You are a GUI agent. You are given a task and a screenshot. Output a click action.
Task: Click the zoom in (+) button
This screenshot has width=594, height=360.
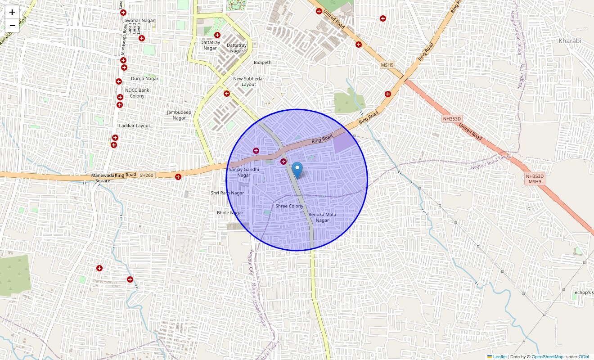[12, 12]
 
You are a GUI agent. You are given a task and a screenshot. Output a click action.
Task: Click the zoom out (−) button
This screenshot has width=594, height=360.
[12, 26]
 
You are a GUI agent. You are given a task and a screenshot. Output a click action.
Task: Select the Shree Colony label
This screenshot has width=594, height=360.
[289, 206]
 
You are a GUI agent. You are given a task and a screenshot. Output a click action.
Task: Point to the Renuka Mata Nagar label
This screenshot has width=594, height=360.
[322, 217]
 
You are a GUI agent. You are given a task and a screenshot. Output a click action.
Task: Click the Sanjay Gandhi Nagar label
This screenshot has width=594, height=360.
[243, 172]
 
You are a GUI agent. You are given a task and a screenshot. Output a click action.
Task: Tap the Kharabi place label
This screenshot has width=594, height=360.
[570, 41]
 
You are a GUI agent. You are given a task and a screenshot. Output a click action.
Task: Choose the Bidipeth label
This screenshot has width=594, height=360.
[263, 62]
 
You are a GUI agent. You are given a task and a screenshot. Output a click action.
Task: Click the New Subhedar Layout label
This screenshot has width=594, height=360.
[249, 81]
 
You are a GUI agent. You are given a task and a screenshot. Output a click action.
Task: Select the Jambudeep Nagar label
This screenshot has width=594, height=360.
[179, 115]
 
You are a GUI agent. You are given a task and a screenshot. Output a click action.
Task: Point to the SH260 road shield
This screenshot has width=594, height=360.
[146, 175]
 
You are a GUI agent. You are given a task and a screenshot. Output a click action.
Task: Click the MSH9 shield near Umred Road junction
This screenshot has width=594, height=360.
[387, 65]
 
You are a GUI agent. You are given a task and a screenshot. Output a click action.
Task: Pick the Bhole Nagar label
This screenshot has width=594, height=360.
[230, 213]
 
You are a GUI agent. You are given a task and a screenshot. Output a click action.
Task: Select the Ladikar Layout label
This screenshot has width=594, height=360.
[135, 126]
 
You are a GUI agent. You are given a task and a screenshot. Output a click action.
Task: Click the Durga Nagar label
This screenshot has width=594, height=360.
[144, 79]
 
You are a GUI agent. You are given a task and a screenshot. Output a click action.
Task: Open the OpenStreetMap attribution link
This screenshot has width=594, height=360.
[547, 357]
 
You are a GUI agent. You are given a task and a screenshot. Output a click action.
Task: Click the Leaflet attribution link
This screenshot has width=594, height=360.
[499, 357]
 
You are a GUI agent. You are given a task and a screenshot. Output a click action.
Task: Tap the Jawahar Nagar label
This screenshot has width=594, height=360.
[139, 21]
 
